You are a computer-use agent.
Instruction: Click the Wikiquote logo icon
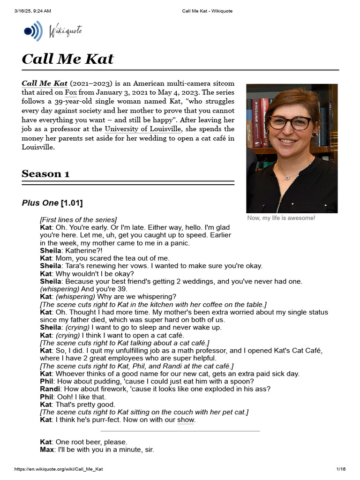coord(31,31)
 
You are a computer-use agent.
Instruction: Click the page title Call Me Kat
coord(67,59)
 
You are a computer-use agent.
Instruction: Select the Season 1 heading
coord(45,174)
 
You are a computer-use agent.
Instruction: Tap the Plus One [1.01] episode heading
coord(52,203)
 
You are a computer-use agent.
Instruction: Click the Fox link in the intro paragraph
coord(71,92)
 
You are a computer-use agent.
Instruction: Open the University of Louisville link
coord(142,129)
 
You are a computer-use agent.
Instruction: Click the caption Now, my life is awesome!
coord(281,218)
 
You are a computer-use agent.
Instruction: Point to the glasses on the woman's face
coord(289,122)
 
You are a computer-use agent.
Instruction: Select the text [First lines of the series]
coord(78,220)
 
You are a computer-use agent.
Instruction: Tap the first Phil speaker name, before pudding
coord(46,382)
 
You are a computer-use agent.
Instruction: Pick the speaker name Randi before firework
coord(50,389)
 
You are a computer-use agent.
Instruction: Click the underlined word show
coord(186,420)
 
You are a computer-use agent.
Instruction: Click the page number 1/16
coord(341,469)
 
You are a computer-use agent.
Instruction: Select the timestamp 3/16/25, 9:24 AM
coord(32,11)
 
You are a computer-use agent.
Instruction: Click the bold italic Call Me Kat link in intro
coord(45,83)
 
